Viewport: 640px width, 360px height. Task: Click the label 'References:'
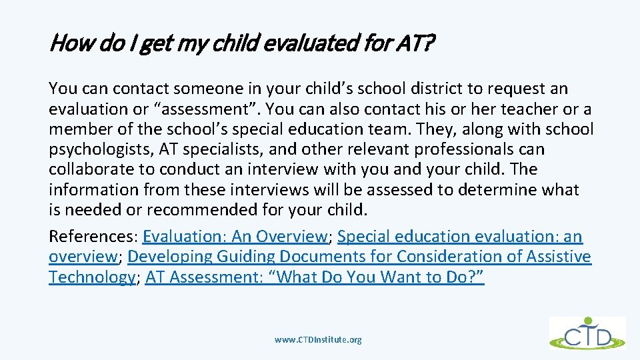93,237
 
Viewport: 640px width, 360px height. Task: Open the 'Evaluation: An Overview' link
234,237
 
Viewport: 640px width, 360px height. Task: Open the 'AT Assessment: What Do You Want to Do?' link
315,277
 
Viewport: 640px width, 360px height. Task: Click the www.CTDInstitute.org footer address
319,340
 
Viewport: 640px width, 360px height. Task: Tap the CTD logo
587,333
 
